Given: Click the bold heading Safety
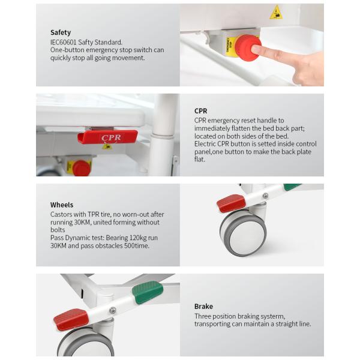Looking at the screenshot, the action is pyautogui.click(x=61, y=32).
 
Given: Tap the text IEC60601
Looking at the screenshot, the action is pyautogui.click(x=64, y=42).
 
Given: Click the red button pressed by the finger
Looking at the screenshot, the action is pyautogui.click(x=248, y=48).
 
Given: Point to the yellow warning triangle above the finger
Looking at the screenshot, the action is pyautogui.click(x=276, y=13).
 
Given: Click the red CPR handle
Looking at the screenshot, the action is pyautogui.click(x=107, y=137).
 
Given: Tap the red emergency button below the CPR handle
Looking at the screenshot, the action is pyautogui.click(x=81, y=168).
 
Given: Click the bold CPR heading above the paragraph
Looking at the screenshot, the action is pyautogui.click(x=200, y=111).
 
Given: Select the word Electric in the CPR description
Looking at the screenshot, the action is pyautogui.click(x=205, y=144).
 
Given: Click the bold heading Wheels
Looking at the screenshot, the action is pyautogui.click(x=62, y=205).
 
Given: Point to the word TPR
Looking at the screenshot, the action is pyautogui.click(x=93, y=214).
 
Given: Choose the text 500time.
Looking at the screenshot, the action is pyautogui.click(x=137, y=245).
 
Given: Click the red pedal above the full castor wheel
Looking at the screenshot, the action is pyautogui.click(x=231, y=203).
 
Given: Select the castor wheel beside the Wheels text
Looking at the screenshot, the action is pyautogui.click(x=243, y=233).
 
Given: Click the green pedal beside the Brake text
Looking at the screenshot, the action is pyautogui.click(x=148, y=292).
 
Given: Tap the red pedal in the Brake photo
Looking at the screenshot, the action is pyautogui.click(x=71, y=319).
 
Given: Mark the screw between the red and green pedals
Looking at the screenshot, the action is pyautogui.click(x=113, y=310).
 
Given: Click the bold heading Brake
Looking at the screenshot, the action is pyautogui.click(x=203, y=306).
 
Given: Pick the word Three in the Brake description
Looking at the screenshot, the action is pyautogui.click(x=203, y=316).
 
